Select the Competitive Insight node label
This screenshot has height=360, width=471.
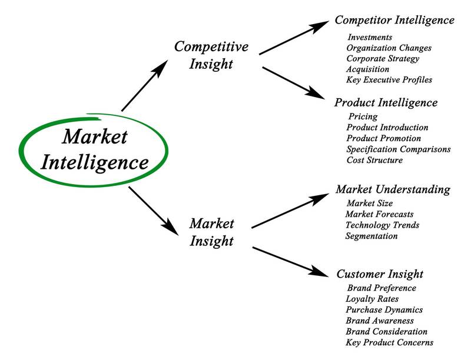(x=211, y=55)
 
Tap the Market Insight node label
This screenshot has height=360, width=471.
(x=211, y=232)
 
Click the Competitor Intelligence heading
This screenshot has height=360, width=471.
(x=394, y=21)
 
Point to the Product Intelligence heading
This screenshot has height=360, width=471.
(x=386, y=103)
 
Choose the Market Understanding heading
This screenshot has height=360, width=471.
(x=393, y=189)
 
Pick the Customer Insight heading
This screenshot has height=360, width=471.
(x=380, y=274)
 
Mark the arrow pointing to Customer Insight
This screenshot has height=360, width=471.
(x=288, y=260)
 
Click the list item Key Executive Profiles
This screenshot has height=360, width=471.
(x=389, y=80)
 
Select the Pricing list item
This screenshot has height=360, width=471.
(x=363, y=117)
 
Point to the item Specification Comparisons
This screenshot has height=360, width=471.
(x=398, y=149)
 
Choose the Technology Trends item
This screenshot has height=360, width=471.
(x=382, y=225)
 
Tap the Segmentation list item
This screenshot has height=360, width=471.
(x=372, y=236)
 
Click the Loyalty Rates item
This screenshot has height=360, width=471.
(x=372, y=299)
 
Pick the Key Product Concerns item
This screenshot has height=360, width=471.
(x=389, y=342)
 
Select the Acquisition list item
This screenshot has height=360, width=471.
(x=367, y=69)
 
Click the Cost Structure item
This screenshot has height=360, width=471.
(x=374, y=160)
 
